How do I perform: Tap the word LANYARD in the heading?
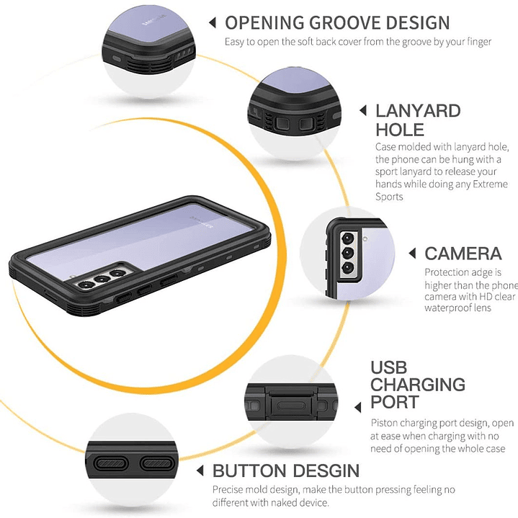pos(418,111)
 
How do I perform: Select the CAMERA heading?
pos(463,254)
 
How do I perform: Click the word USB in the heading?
pos(388,367)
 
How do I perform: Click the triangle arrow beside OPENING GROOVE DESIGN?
pos(213,23)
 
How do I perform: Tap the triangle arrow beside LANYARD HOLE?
pos(362,111)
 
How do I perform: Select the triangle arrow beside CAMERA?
pos(411,254)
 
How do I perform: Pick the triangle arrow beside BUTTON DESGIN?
pos(200,470)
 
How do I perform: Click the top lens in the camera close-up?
pos(347,238)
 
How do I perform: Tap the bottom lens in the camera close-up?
pos(348,267)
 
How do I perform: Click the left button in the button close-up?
pos(111,464)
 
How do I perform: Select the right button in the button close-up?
pos(157,464)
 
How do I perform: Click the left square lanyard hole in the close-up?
pos(282,124)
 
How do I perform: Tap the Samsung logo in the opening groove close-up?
pos(154,19)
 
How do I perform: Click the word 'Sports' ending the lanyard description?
pos(389,197)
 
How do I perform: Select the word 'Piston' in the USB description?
pos(383,423)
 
